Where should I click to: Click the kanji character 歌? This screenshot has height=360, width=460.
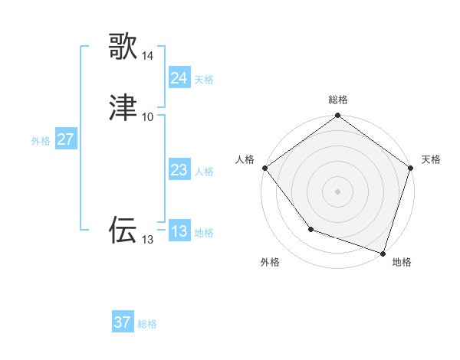[x=123, y=46]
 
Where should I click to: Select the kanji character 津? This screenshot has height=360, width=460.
[x=123, y=107]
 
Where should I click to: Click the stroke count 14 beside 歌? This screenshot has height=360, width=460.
[x=148, y=56]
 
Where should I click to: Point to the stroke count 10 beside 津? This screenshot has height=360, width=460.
[x=148, y=117]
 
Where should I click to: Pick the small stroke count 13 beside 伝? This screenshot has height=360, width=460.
[x=148, y=240]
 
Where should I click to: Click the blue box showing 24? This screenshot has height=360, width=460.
[x=179, y=78]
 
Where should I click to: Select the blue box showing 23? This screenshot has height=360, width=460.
[x=179, y=170]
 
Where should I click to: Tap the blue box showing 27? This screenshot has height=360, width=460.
[x=65, y=139]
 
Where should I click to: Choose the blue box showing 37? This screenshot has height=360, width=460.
[x=122, y=322]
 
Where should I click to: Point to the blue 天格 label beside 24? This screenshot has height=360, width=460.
[x=204, y=80]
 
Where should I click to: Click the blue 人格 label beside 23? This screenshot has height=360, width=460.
[x=204, y=172]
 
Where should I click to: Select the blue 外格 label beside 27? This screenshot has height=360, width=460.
[x=41, y=141]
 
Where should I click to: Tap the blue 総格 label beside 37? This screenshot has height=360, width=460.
[x=147, y=324]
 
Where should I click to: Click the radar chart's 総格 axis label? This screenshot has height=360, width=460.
[x=337, y=100]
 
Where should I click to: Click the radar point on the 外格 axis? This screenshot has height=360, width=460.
[x=310, y=228]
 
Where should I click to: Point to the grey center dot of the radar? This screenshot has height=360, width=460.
[x=337, y=191]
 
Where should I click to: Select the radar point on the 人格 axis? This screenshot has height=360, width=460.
[x=264, y=168]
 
